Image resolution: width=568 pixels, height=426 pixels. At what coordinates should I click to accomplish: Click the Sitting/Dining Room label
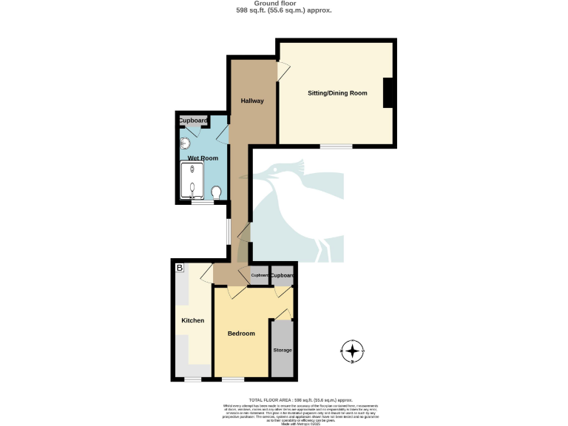pyautogui.click(x=337, y=93)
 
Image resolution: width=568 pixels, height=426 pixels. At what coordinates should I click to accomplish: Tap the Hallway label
pyautogui.click(x=252, y=101)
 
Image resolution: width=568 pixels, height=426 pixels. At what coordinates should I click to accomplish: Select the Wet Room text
pyautogui.click(x=202, y=158)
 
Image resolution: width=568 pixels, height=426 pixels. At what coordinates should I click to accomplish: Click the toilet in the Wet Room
pyautogui.click(x=216, y=192)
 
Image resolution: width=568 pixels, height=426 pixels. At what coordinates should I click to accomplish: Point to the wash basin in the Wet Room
pyautogui.click(x=186, y=145)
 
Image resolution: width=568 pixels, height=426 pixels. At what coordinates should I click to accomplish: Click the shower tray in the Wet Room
pyautogui.click(x=192, y=181)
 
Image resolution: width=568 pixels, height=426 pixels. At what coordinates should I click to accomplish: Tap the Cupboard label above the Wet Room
pyautogui.click(x=194, y=121)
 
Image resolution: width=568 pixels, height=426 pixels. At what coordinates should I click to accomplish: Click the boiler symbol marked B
pyautogui.click(x=179, y=268)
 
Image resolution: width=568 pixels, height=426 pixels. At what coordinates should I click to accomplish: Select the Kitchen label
pyautogui.click(x=193, y=320)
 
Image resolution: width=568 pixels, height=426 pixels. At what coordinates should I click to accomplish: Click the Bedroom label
pyautogui.click(x=241, y=334)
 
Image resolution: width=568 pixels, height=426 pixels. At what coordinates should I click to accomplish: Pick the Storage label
pyautogui.click(x=283, y=350)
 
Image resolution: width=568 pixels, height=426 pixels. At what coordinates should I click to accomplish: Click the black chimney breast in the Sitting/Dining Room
pyautogui.click(x=388, y=93)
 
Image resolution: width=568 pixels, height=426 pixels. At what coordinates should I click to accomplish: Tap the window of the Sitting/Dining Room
pyautogui.click(x=336, y=146)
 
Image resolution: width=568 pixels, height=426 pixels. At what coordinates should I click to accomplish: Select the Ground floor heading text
pyautogui.click(x=283, y=4)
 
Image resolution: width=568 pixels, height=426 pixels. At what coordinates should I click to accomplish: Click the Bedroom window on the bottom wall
pyautogui.click(x=233, y=380)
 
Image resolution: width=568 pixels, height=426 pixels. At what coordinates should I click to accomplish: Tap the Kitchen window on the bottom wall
pyautogui.click(x=192, y=380)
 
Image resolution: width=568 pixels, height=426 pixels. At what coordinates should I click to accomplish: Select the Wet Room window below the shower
pyautogui.click(x=198, y=202)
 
